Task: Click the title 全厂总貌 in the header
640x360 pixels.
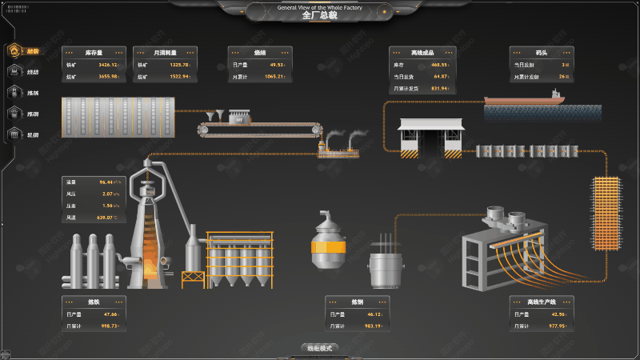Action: (319, 15)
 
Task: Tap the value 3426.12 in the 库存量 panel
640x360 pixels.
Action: (108, 65)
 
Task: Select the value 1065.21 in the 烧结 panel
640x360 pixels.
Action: (274, 77)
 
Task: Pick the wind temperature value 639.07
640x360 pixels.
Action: (107, 218)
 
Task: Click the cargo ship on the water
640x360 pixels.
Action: (524, 99)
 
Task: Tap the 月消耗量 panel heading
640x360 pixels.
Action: (165, 53)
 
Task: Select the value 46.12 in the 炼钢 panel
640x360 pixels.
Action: (373, 314)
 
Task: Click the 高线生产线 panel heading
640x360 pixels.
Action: (541, 302)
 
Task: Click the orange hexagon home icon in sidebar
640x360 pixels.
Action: (14, 50)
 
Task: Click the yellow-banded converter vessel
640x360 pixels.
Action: (329, 244)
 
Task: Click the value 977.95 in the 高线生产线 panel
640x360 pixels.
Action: (556, 326)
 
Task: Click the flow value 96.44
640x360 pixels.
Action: (109, 182)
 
